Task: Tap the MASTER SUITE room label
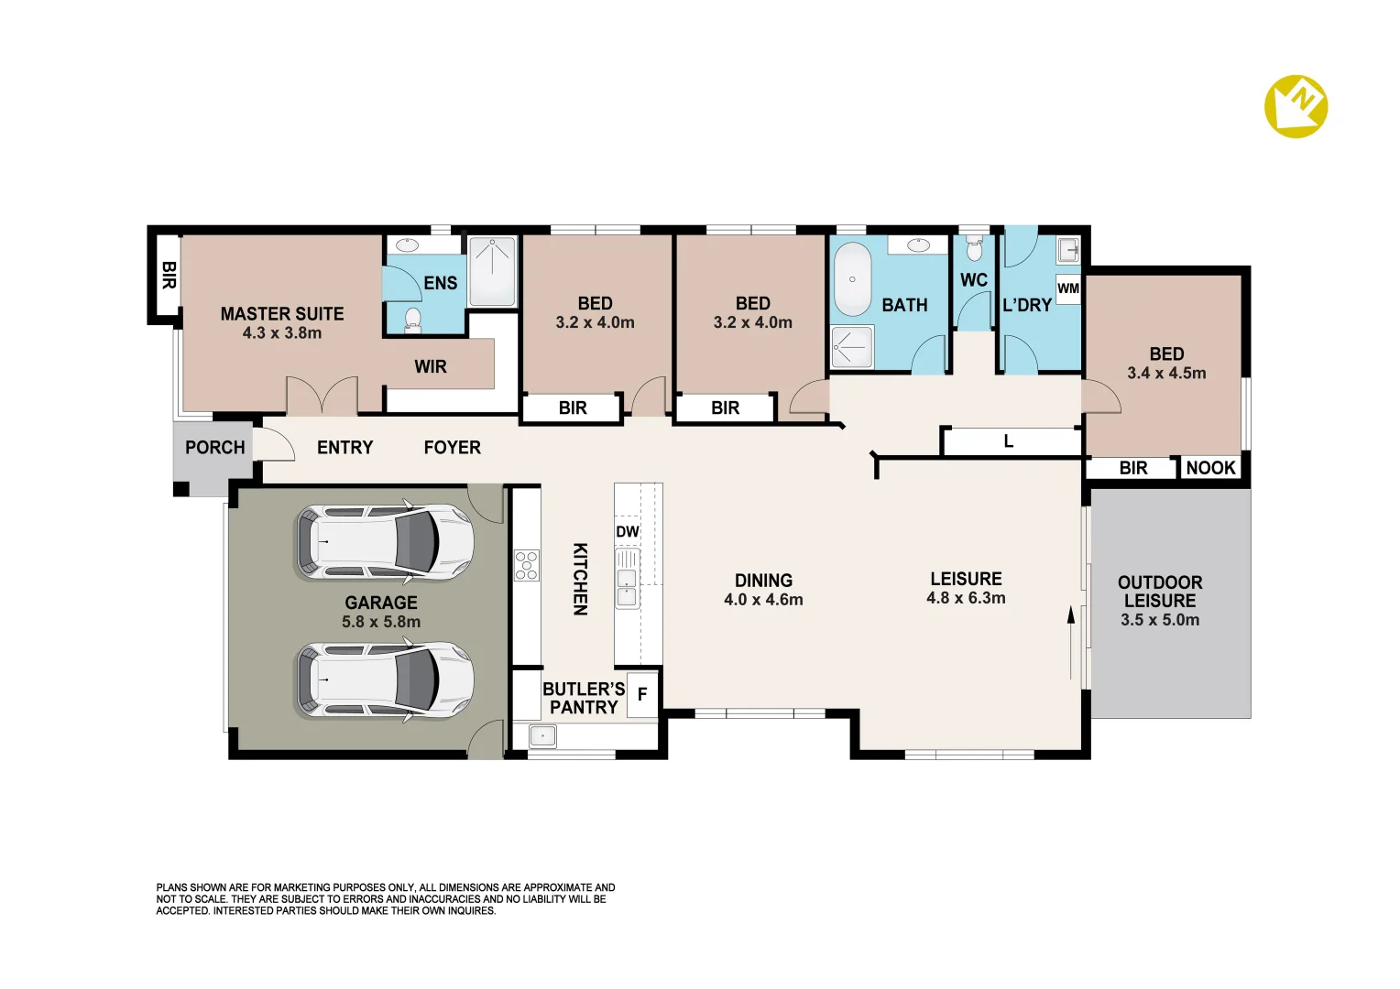[x=282, y=313]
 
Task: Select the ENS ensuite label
[x=440, y=283]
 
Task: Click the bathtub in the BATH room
[x=852, y=279]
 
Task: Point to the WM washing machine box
[x=1068, y=288]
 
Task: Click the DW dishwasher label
[x=628, y=532]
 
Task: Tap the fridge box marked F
[x=642, y=694]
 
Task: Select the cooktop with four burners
[x=526, y=565]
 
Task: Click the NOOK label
[x=1210, y=468]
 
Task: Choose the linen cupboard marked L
[x=1008, y=441]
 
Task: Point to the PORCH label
[x=215, y=447]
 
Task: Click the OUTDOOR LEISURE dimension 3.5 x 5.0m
[x=1160, y=620]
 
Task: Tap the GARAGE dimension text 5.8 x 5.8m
[x=381, y=622]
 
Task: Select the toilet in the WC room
[x=974, y=248]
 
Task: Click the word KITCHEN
[x=580, y=579]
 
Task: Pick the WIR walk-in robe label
[x=431, y=366]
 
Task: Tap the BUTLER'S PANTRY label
[x=584, y=699]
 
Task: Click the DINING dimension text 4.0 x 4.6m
[x=764, y=600]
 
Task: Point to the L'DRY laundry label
[x=1027, y=305]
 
